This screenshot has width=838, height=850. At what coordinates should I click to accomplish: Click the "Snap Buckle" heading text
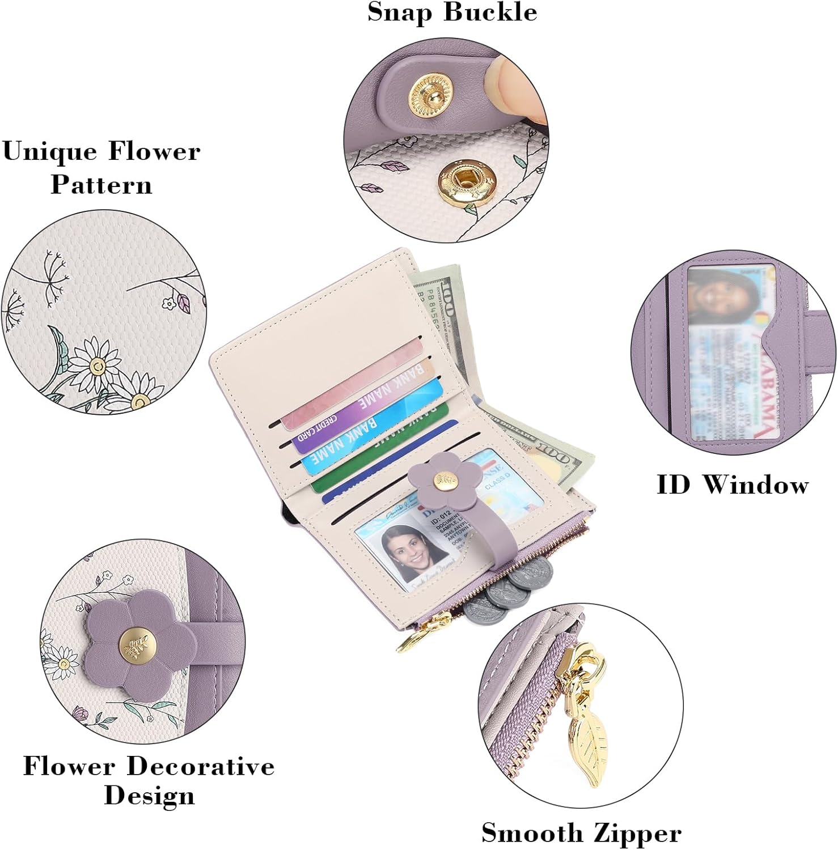(x=452, y=12)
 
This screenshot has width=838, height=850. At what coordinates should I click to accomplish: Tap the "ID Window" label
(x=733, y=485)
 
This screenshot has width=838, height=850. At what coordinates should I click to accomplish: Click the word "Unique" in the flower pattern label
(x=50, y=152)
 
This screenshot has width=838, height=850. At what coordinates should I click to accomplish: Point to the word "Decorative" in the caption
(x=201, y=766)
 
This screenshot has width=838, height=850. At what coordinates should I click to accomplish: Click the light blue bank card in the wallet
(x=371, y=428)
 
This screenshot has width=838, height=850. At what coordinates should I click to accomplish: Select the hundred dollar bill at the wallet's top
(x=440, y=300)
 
